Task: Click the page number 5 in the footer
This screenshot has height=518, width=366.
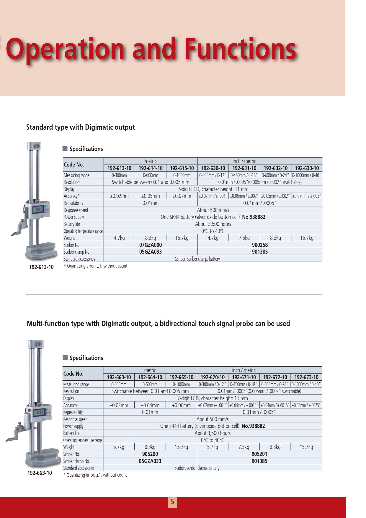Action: (172, 502)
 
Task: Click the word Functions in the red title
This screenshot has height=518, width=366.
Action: (240, 49)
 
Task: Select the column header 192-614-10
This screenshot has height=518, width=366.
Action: (151, 168)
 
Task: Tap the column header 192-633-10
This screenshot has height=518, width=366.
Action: (307, 168)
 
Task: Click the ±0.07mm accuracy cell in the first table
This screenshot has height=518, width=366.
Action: (182, 196)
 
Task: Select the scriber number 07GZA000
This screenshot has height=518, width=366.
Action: (151, 245)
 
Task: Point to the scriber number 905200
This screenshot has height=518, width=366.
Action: (150, 454)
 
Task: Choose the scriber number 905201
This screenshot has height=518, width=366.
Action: (259, 454)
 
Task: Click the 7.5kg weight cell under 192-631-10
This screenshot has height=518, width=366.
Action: (244, 238)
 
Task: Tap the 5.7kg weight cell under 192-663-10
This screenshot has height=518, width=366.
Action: (119, 447)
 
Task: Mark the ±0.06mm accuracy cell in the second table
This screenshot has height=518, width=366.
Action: (181, 405)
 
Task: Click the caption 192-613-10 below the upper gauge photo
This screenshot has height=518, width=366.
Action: (41, 267)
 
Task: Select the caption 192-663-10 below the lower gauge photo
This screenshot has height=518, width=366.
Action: (40, 473)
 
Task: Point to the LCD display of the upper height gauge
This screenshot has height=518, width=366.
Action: (38, 210)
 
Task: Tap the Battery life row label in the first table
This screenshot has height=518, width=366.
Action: (72, 224)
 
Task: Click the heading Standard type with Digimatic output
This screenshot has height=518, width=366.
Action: (80, 127)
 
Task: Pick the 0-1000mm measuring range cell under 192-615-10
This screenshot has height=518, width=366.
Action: (182, 175)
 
